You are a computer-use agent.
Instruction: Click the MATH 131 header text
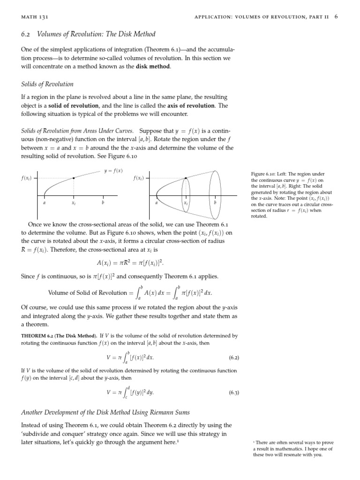click(x=35, y=17)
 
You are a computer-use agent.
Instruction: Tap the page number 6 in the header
click(x=336, y=17)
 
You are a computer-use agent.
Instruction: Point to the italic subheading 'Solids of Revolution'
click(x=47, y=84)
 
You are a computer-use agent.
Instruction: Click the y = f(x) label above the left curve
click(x=113, y=171)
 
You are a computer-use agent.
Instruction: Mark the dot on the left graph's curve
click(x=74, y=179)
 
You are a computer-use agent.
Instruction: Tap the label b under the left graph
click(x=103, y=203)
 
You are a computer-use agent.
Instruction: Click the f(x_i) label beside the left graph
click(x=26, y=179)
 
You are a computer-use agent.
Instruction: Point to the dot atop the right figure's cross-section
click(x=186, y=179)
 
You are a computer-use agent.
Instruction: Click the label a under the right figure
click(x=156, y=203)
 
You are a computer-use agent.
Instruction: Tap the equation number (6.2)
click(x=234, y=358)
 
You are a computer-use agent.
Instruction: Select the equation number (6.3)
click(x=234, y=392)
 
